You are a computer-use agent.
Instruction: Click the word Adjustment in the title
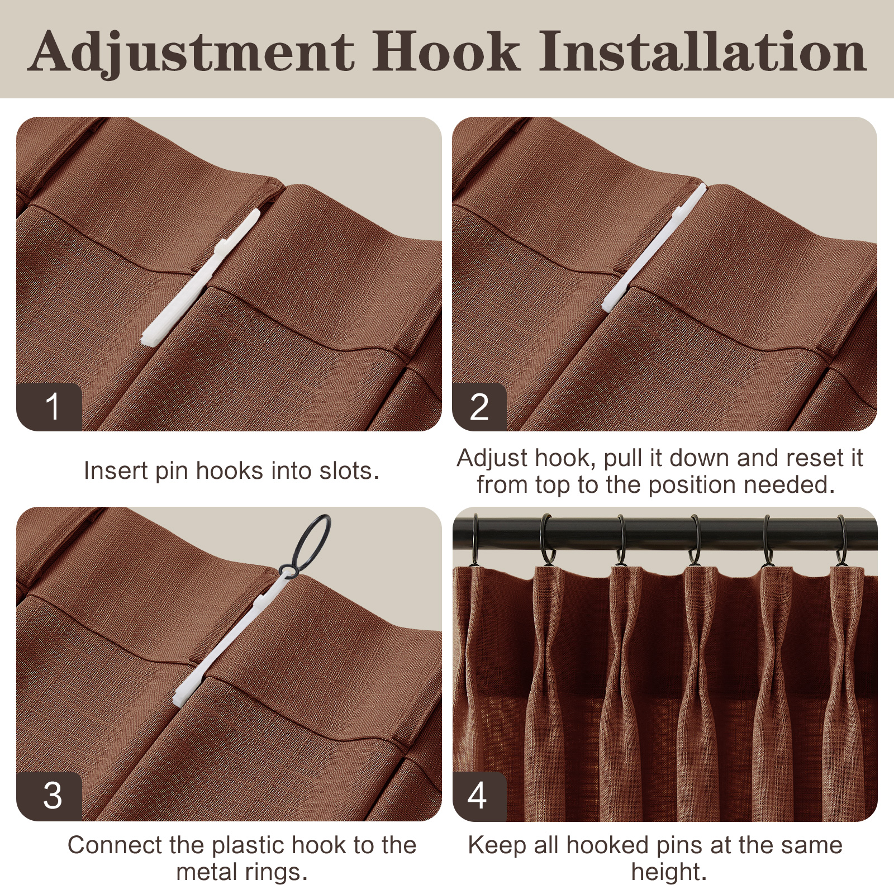tap(191, 52)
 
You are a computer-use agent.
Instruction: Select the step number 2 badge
tap(479, 407)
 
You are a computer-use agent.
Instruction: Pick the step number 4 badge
tap(479, 796)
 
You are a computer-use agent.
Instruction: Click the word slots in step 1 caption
tap(349, 470)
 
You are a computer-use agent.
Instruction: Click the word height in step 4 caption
tap(669, 872)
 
